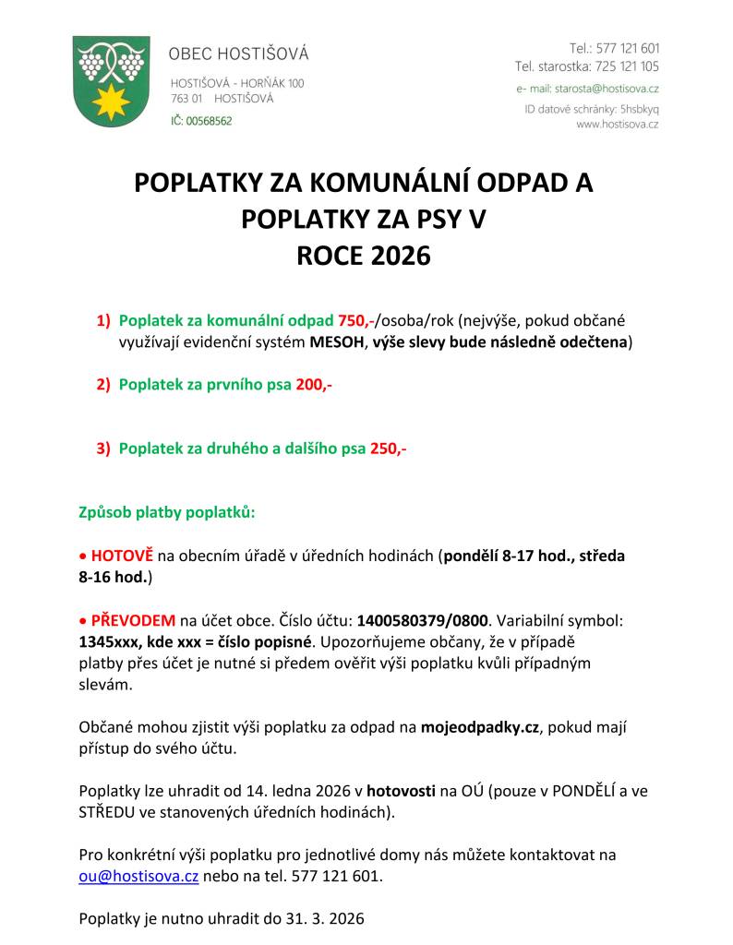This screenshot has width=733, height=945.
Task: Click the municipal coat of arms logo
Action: (x=111, y=81)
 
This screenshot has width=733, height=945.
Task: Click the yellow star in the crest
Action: (x=112, y=101)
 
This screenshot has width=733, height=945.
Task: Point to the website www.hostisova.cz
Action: (x=617, y=124)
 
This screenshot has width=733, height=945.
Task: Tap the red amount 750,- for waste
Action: (x=355, y=321)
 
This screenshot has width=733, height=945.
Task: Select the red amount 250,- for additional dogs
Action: (x=389, y=449)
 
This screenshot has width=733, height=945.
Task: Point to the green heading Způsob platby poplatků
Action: (x=167, y=511)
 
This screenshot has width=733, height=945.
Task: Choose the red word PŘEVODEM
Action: (x=132, y=620)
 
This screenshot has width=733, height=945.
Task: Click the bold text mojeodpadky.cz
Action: (x=479, y=727)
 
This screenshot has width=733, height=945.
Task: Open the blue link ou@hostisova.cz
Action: (x=138, y=877)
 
